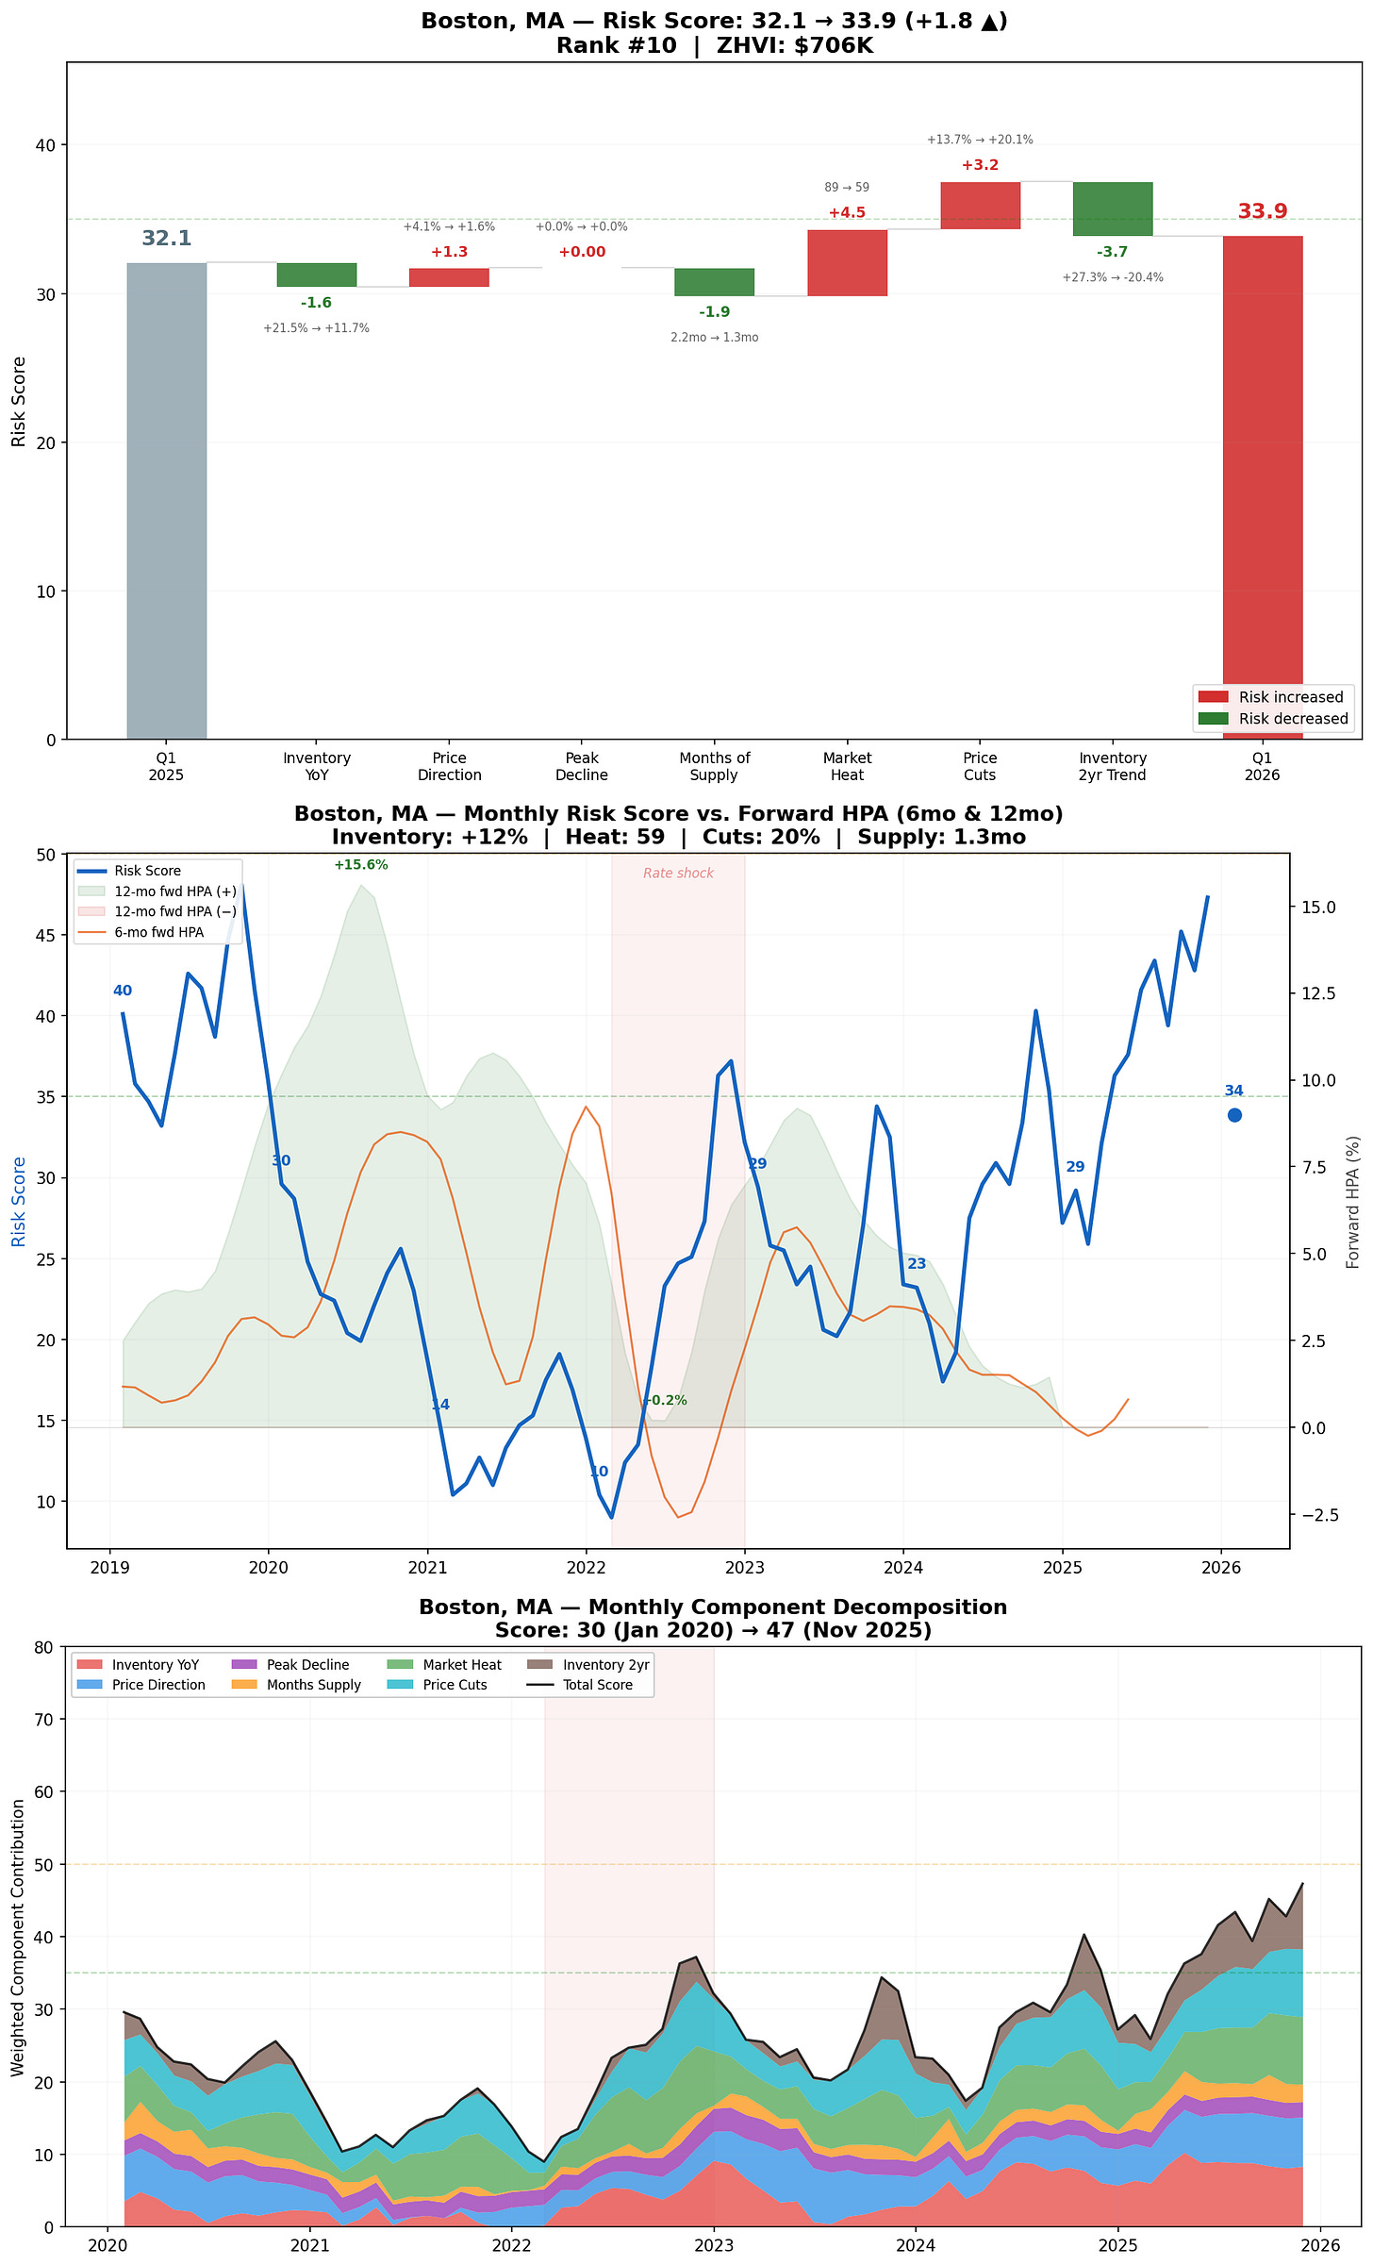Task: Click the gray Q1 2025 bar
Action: tap(166, 500)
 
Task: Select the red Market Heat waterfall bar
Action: tap(847, 262)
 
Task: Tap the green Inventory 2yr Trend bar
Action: tap(1113, 208)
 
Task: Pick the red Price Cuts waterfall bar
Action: tap(980, 206)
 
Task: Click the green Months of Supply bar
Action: tap(714, 282)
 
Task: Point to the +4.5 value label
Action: tap(847, 213)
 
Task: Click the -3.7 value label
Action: tap(1113, 252)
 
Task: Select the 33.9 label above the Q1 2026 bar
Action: tap(1262, 211)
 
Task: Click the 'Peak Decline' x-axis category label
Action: tap(582, 766)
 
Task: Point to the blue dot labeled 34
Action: tap(1234, 1115)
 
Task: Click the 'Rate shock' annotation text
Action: tap(678, 874)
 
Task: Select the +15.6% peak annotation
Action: tap(360, 865)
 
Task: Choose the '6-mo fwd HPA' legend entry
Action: tap(158, 932)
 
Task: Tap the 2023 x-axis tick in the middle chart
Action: tap(745, 1568)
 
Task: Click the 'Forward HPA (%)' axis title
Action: tap(1353, 1202)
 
